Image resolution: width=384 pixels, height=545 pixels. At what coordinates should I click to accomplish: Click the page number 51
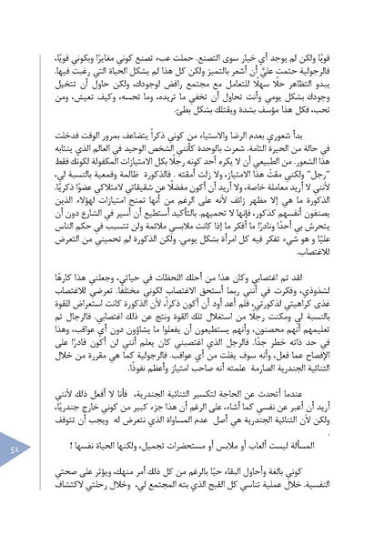tap(15, 476)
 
